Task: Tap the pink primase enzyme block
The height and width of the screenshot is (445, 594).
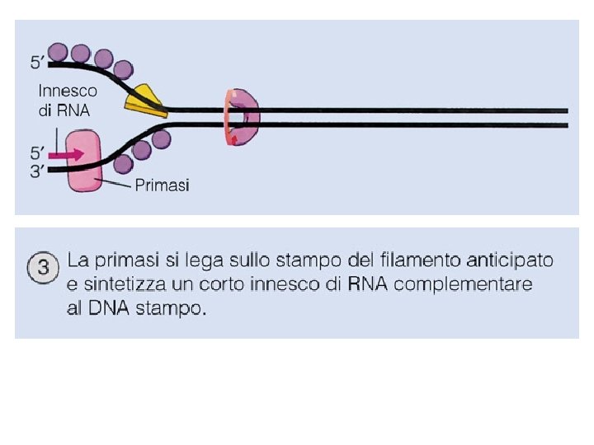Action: click(x=84, y=161)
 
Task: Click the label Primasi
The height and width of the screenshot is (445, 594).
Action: click(x=162, y=185)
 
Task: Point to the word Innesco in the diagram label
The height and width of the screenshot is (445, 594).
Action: click(x=68, y=91)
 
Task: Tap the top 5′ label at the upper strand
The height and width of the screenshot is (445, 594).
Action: click(x=38, y=61)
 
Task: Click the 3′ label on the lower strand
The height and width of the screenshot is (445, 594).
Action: click(x=38, y=170)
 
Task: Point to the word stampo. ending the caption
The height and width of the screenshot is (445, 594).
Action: click(x=175, y=309)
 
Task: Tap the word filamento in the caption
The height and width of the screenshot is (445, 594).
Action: click(x=420, y=261)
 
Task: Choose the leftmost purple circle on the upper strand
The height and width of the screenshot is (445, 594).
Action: click(x=59, y=52)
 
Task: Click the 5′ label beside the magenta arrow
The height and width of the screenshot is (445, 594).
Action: click(x=38, y=152)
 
